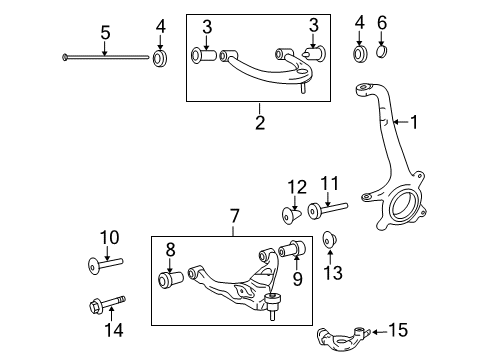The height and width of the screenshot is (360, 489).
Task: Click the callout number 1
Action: coord(415,122)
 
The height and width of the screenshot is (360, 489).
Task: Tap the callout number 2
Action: coord(260,123)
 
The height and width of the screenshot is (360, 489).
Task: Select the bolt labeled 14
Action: coord(108,299)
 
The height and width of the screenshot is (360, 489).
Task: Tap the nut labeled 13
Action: coord(330,241)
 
